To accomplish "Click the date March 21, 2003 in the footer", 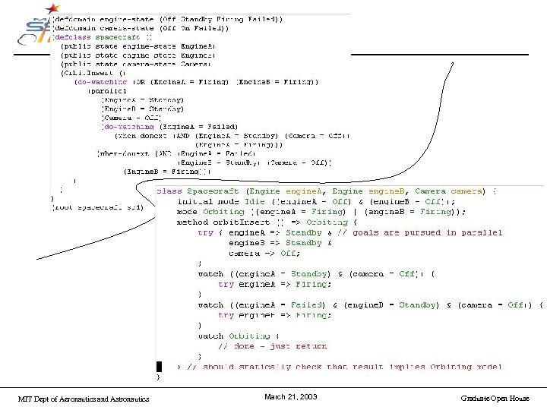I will click(x=290, y=397).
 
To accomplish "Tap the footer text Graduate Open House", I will click(x=495, y=398).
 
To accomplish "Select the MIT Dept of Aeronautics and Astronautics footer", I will click(x=84, y=399).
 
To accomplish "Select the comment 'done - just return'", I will click(x=273, y=345).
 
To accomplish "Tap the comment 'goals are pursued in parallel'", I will click(x=409, y=232).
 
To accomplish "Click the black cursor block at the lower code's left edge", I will click(x=159, y=366).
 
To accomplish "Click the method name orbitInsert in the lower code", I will click(x=232, y=222).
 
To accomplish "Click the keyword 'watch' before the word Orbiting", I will click(x=210, y=336).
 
